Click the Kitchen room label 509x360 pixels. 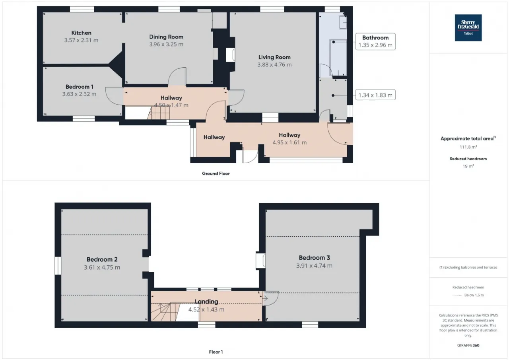point(82,33)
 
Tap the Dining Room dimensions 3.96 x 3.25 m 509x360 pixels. point(166,44)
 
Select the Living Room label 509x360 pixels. point(274,57)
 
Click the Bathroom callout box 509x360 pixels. point(375,41)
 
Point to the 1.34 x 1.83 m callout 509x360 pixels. point(375,95)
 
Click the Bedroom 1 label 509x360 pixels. point(79,87)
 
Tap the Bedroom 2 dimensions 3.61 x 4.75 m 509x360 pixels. point(102,267)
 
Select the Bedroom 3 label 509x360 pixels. point(314,257)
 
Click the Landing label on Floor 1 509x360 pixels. point(206,302)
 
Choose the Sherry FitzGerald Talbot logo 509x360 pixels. point(468,28)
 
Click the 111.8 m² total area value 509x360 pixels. point(468,147)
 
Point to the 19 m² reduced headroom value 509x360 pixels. point(468,166)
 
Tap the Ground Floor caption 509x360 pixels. point(216,173)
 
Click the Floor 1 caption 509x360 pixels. point(216,352)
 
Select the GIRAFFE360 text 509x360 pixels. point(468,345)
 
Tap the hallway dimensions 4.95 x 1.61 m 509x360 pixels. point(289,142)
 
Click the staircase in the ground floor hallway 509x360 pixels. point(159,113)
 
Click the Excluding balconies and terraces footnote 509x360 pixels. point(468,267)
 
